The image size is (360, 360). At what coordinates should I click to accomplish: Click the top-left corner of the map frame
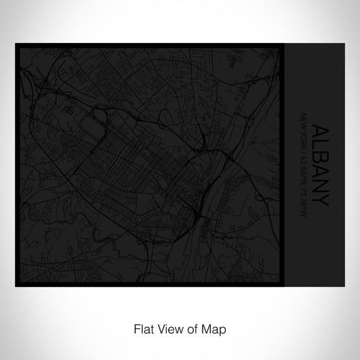pyautogui.click(x=15, y=44)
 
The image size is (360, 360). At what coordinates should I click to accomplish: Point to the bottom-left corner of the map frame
pyautogui.click(x=15, y=267)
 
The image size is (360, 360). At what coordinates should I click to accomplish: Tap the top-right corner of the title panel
pyautogui.click(x=345, y=44)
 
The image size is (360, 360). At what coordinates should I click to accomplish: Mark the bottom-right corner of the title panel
pyautogui.click(x=345, y=267)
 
